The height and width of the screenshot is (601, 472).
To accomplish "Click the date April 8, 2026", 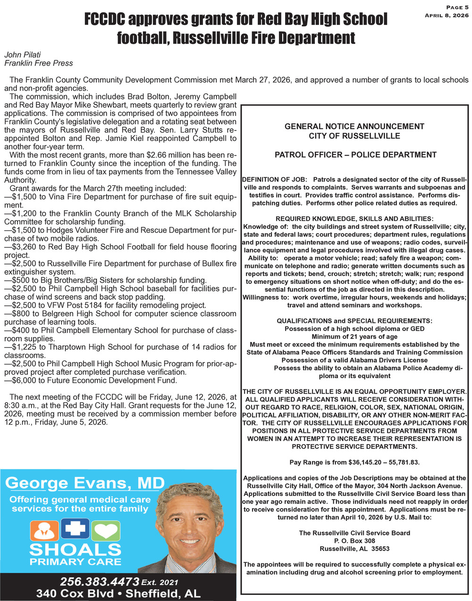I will (x=447, y=16).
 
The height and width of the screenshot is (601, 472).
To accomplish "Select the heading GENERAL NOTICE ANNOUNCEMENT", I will (x=354, y=126).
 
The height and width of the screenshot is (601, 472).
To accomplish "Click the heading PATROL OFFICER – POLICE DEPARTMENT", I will (x=355, y=155).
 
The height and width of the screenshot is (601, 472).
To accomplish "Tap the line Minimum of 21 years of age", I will (x=354, y=337).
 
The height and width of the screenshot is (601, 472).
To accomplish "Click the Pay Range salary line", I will (x=354, y=462).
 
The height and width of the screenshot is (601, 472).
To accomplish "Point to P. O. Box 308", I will (x=354, y=541).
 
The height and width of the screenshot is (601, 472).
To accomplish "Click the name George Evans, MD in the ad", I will (x=85, y=483).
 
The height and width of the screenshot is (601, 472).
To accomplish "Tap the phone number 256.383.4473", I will (x=100, y=581).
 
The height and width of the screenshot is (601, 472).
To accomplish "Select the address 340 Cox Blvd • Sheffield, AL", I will (x=118, y=593).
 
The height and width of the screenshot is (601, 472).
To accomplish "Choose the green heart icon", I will (x=106, y=531).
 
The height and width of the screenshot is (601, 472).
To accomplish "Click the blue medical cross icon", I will (x=75, y=528).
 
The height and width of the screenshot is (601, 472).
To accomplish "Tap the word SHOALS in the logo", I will (x=76, y=550).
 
